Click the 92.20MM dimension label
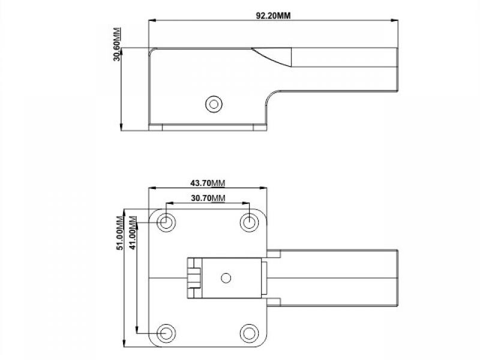tap(273, 16)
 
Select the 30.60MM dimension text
tap(117, 44)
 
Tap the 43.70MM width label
tap(208, 183)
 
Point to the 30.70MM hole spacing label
tap(208, 199)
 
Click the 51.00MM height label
tap(120, 233)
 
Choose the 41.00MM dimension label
tap(133, 233)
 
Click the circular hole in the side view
tap(214, 104)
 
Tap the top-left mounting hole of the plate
tap(166, 222)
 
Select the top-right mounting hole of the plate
tap(250, 222)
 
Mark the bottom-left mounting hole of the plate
tap(166, 334)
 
